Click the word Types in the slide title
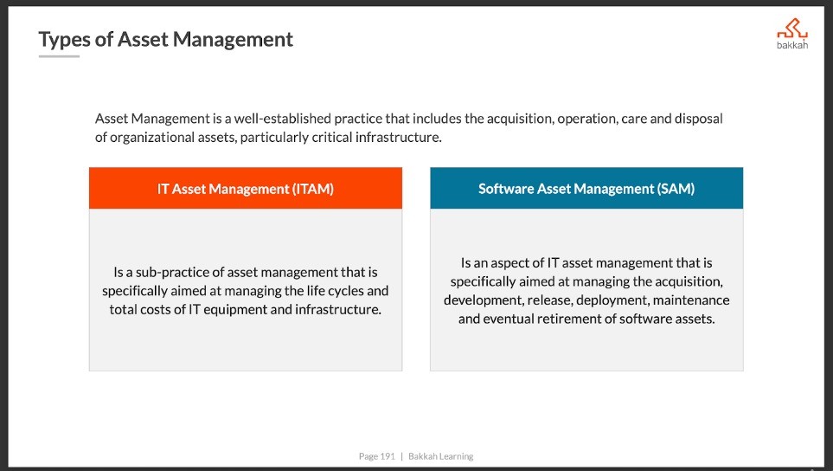(x=64, y=40)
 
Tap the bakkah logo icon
(x=792, y=29)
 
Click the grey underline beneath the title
(x=59, y=56)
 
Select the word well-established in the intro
(x=283, y=119)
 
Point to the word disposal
(x=699, y=119)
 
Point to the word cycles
(x=346, y=291)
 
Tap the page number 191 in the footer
(x=388, y=456)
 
